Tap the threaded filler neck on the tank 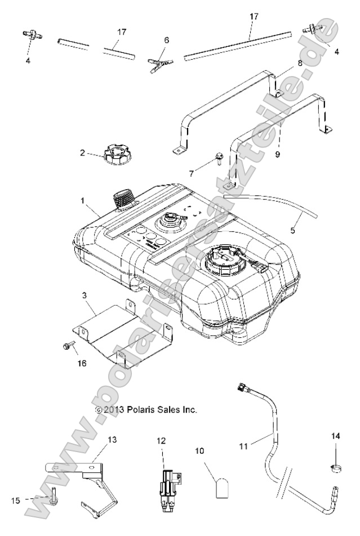coord(123,199)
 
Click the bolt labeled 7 coord(219,159)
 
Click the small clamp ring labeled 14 coord(335,468)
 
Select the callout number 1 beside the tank coord(82,201)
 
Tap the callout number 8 coord(300,64)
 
